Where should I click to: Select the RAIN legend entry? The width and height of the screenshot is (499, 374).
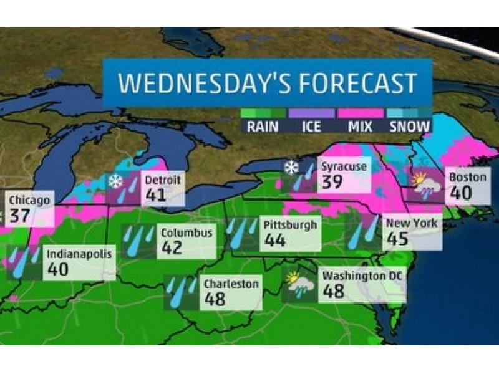point(263,127)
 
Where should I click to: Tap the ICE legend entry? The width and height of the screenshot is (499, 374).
point(311,127)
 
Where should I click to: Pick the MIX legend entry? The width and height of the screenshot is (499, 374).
point(360,127)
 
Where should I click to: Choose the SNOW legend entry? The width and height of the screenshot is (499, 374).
point(409,127)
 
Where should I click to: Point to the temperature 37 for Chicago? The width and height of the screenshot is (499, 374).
point(23,218)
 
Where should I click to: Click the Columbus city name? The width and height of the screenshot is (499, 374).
point(187,233)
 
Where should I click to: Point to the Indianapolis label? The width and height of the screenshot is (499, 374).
point(79,254)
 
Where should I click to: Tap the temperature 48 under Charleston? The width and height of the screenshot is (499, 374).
point(216,299)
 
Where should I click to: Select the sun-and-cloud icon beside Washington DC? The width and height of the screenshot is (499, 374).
point(299,284)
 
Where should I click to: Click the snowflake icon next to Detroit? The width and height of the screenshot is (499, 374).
point(115,181)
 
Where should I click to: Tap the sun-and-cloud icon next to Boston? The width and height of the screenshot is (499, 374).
point(425,185)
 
